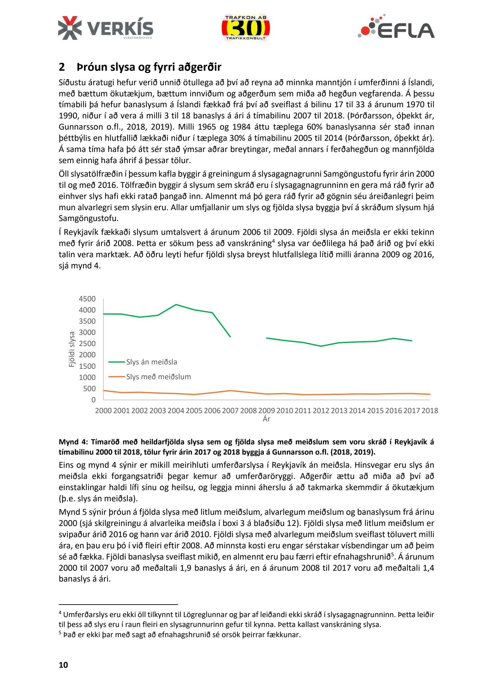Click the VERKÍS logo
(x=106, y=28)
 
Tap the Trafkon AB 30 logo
(x=246, y=28)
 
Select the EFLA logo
(x=396, y=27)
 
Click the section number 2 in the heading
(x=62, y=67)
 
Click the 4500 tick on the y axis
(x=87, y=299)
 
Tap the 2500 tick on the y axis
(x=87, y=344)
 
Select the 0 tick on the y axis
(x=93, y=400)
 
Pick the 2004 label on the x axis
(x=176, y=411)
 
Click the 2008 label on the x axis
(x=248, y=411)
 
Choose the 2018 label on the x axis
(x=430, y=411)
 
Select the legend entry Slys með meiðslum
(x=158, y=377)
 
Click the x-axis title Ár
(x=266, y=419)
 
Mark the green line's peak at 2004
(x=176, y=305)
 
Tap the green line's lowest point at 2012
(x=321, y=346)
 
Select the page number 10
(x=63, y=665)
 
